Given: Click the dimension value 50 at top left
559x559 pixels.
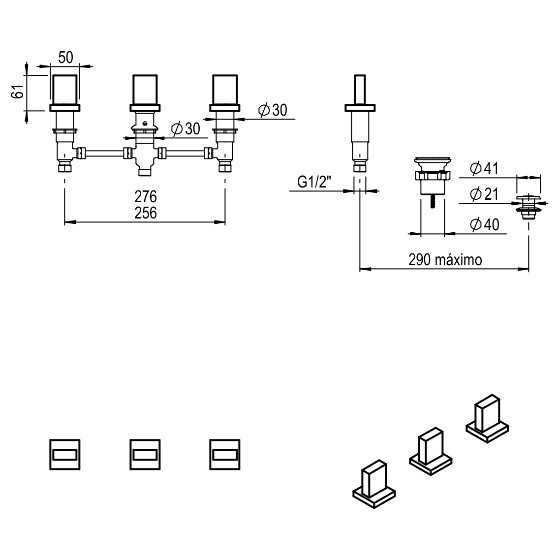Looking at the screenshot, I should click(x=65, y=58).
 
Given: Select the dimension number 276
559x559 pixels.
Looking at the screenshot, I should click(x=145, y=197).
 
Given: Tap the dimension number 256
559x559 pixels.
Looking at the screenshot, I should click(x=145, y=213).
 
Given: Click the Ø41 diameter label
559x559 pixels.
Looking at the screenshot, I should click(x=484, y=169).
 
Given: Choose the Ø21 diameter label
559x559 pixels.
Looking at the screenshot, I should click(x=484, y=194).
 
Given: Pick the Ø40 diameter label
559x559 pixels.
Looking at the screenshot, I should click(x=484, y=225).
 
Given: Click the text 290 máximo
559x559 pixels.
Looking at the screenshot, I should click(x=445, y=260).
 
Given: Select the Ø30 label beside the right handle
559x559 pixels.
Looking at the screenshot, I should click(x=272, y=110).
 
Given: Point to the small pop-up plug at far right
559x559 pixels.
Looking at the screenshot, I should click(x=529, y=205).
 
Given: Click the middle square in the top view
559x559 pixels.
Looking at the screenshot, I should click(x=145, y=454).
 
